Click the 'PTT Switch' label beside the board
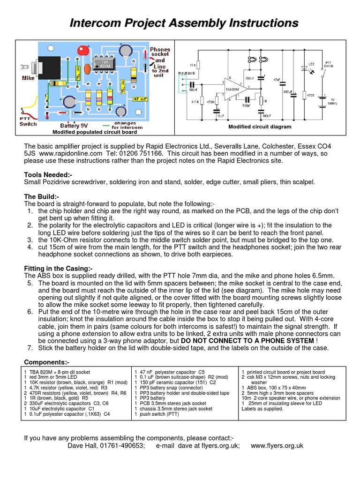pyautogui.click(x=28, y=120)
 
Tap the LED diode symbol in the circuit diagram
pyautogui.click(x=305, y=69)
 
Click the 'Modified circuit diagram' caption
pyautogui.click(x=260, y=127)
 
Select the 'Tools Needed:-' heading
pyautogui.click(x=48, y=174)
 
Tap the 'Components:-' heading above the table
pyautogui.click(x=46, y=362)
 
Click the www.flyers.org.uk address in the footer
pyautogui.click(x=277, y=445)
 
